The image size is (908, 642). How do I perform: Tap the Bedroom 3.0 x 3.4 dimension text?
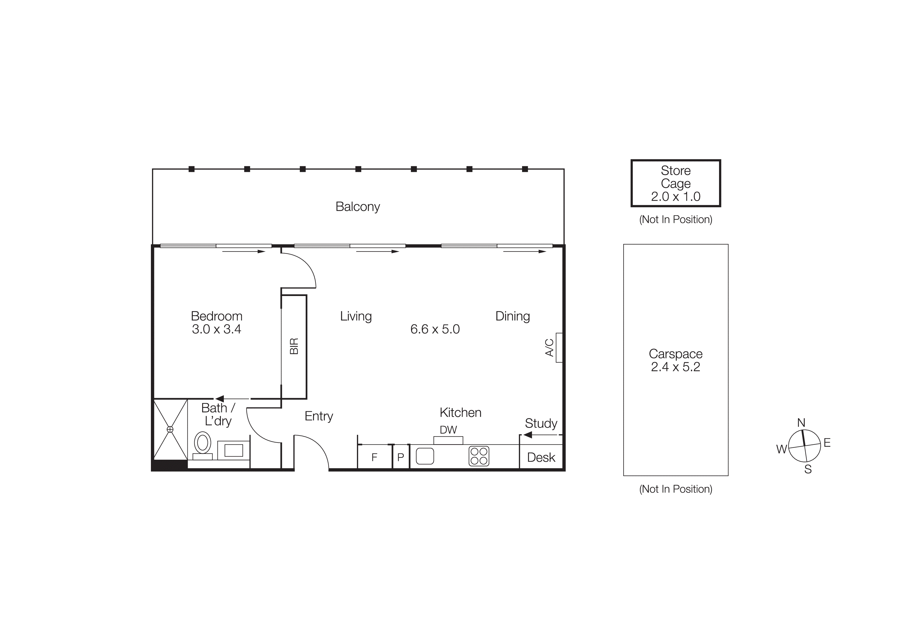tap(216, 329)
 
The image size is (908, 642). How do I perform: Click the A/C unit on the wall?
tap(559, 348)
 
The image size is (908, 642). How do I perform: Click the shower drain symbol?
tap(170, 429)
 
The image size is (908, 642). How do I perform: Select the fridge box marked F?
tap(374, 458)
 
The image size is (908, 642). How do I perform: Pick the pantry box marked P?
tap(401, 458)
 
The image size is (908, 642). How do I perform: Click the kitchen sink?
tap(425, 456)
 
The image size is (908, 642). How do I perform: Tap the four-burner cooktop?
tap(479, 456)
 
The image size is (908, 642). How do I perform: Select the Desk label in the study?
tap(541, 458)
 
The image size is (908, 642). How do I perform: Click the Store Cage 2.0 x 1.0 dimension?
tap(676, 197)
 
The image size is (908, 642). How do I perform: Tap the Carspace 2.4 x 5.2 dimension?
tap(676, 367)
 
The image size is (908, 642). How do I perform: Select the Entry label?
tap(319, 416)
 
